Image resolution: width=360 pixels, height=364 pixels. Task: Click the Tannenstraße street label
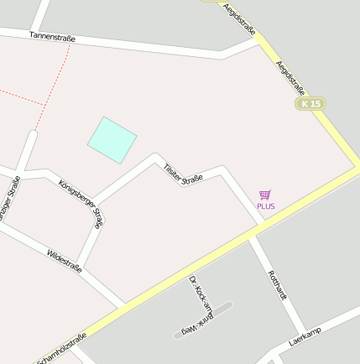(52, 37)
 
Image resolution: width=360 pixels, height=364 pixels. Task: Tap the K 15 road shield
(310, 103)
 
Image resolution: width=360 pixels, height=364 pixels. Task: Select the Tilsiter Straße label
(184, 176)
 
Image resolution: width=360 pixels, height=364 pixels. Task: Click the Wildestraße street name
(65, 260)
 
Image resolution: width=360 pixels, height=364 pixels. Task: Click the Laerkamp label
(305, 337)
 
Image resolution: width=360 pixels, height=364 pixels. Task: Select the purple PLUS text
(266, 205)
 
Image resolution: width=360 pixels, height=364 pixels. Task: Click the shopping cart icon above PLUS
(265, 195)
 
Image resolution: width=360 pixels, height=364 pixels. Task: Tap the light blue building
(112, 139)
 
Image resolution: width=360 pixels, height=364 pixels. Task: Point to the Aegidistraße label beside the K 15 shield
(290, 72)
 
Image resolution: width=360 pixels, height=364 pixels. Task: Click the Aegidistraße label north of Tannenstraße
(240, 16)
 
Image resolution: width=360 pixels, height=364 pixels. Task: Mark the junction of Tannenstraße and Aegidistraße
(262, 43)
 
